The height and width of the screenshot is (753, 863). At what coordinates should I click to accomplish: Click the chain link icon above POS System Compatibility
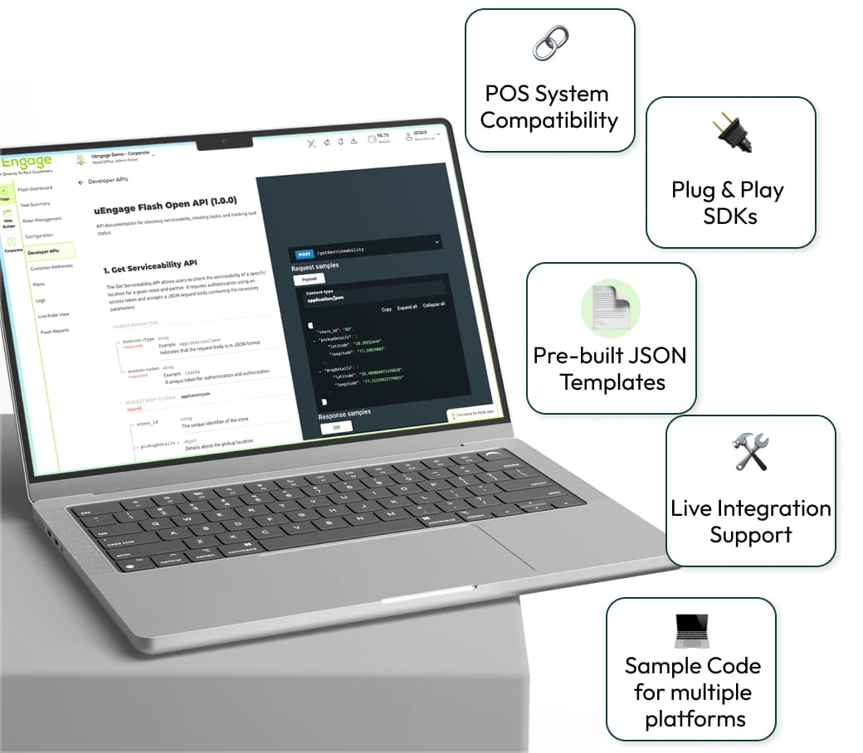(x=549, y=44)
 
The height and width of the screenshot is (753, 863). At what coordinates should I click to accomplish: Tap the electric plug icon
(x=731, y=135)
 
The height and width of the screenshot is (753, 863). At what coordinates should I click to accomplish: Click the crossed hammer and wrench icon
(x=750, y=453)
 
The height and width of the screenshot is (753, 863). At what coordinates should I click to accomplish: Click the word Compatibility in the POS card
(x=549, y=120)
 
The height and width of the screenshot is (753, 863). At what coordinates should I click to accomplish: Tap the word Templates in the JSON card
(x=612, y=382)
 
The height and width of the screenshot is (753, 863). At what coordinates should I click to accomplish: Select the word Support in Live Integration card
(x=750, y=535)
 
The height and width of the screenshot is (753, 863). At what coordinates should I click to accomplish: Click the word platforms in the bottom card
(x=695, y=718)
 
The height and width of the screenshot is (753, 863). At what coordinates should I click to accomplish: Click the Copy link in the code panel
(x=387, y=309)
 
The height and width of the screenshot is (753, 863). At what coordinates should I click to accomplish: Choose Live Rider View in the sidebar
(x=53, y=316)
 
